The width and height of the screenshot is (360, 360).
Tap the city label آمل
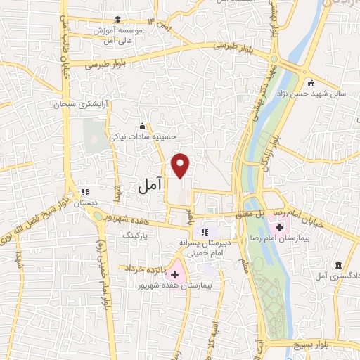(x=149, y=186)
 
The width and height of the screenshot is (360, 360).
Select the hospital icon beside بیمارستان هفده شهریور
(x=174, y=275)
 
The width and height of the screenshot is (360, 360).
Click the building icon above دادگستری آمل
(x=339, y=265)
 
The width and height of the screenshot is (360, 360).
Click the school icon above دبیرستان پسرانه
(x=205, y=231)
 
